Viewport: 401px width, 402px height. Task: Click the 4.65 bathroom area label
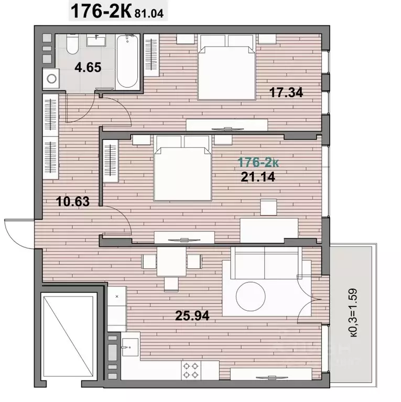(x=88, y=68)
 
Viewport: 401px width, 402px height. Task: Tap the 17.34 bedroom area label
(x=286, y=92)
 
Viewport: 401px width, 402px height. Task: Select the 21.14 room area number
(x=258, y=177)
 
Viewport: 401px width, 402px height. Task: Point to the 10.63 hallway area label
(x=73, y=201)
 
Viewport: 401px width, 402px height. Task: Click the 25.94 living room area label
(x=192, y=316)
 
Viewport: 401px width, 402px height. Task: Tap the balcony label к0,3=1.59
(x=354, y=313)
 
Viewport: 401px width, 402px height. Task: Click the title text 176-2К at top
(x=101, y=12)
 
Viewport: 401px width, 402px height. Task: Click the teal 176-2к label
(x=258, y=162)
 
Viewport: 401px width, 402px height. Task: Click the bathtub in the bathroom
(x=127, y=61)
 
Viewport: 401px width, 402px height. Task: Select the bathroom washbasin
(x=96, y=40)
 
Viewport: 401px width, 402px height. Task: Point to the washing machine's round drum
(x=52, y=79)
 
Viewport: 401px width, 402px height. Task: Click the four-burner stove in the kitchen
(x=191, y=370)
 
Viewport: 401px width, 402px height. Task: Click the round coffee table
(x=251, y=296)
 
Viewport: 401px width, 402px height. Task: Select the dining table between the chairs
(x=171, y=262)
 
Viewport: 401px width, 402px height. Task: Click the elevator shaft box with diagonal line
(x=69, y=335)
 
